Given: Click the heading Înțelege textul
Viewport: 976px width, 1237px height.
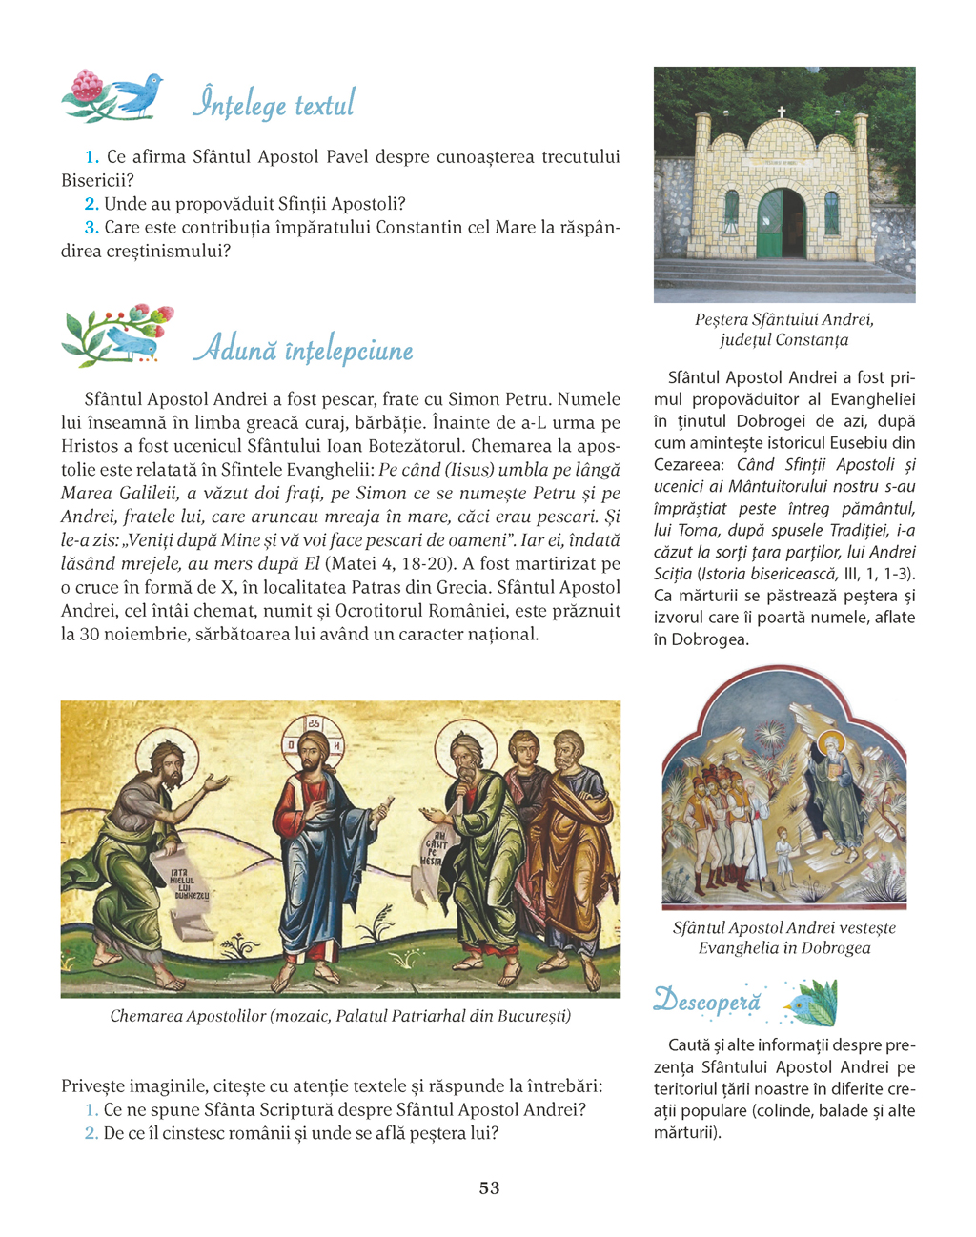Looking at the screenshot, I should point(274,103).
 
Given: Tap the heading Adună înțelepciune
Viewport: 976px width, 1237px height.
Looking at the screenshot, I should point(303,350).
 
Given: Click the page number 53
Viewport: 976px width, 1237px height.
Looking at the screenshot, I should point(489,1188).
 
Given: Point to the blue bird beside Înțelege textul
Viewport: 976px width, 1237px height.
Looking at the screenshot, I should point(138,94).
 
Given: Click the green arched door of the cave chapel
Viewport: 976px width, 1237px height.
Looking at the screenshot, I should point(783,224).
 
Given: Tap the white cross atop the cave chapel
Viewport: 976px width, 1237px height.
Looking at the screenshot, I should point(782,112).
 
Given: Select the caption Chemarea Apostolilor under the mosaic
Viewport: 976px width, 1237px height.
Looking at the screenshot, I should point(340,1016).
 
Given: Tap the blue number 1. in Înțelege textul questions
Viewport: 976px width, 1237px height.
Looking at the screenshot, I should point(92,157).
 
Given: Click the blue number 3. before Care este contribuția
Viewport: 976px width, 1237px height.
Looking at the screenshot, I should point(91,228).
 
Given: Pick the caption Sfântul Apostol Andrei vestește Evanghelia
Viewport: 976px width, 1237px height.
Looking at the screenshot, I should point(783,938).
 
